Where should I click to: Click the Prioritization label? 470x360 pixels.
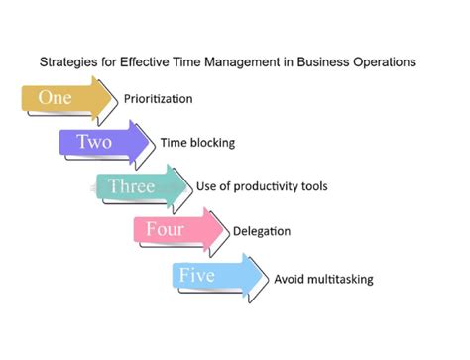coord(158,99)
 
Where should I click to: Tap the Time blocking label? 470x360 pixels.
coord(197,143)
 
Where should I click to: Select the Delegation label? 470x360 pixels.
coord(262,231)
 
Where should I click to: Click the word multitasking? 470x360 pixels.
coord(339,279)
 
